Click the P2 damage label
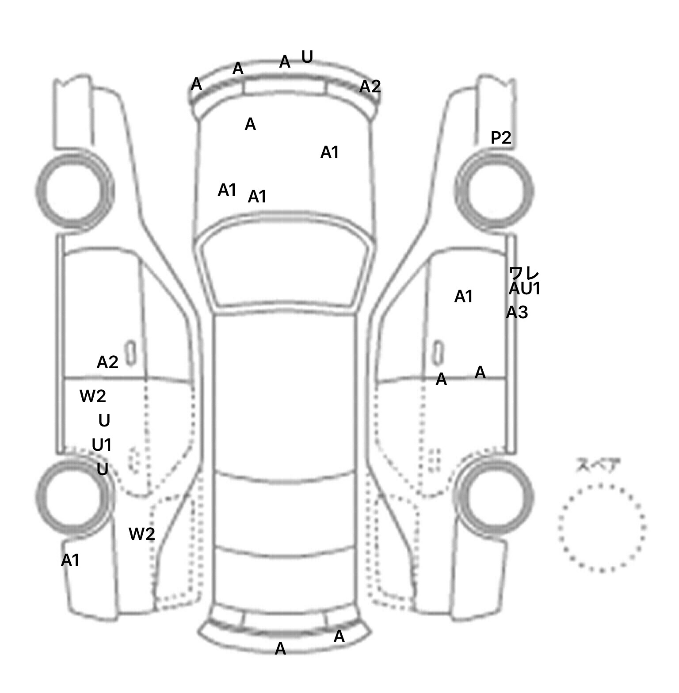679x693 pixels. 501,138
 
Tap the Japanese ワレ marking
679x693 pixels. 524,273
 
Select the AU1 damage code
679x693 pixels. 525,289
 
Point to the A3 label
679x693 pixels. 517,313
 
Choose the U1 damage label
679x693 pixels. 102,445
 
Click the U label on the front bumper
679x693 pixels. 307,57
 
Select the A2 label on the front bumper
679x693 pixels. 370,87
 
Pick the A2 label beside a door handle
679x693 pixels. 107,363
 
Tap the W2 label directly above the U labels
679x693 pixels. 93,396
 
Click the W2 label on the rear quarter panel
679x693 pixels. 141,534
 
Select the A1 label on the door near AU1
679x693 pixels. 464,297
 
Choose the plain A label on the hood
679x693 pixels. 250,125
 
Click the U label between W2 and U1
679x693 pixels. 104,421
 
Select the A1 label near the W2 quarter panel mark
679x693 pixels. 70,561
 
